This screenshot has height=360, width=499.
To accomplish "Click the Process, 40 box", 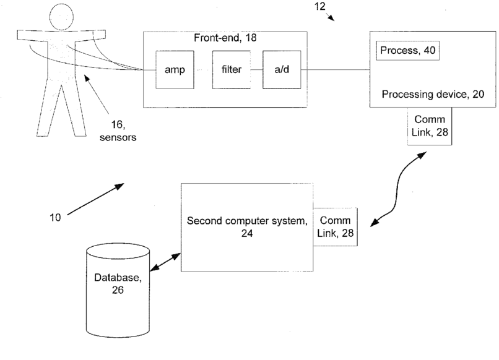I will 407,51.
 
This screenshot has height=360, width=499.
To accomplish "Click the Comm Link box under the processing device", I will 429,127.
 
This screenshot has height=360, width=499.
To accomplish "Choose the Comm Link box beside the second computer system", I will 334,226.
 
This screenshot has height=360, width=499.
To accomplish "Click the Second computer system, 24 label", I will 246,227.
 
